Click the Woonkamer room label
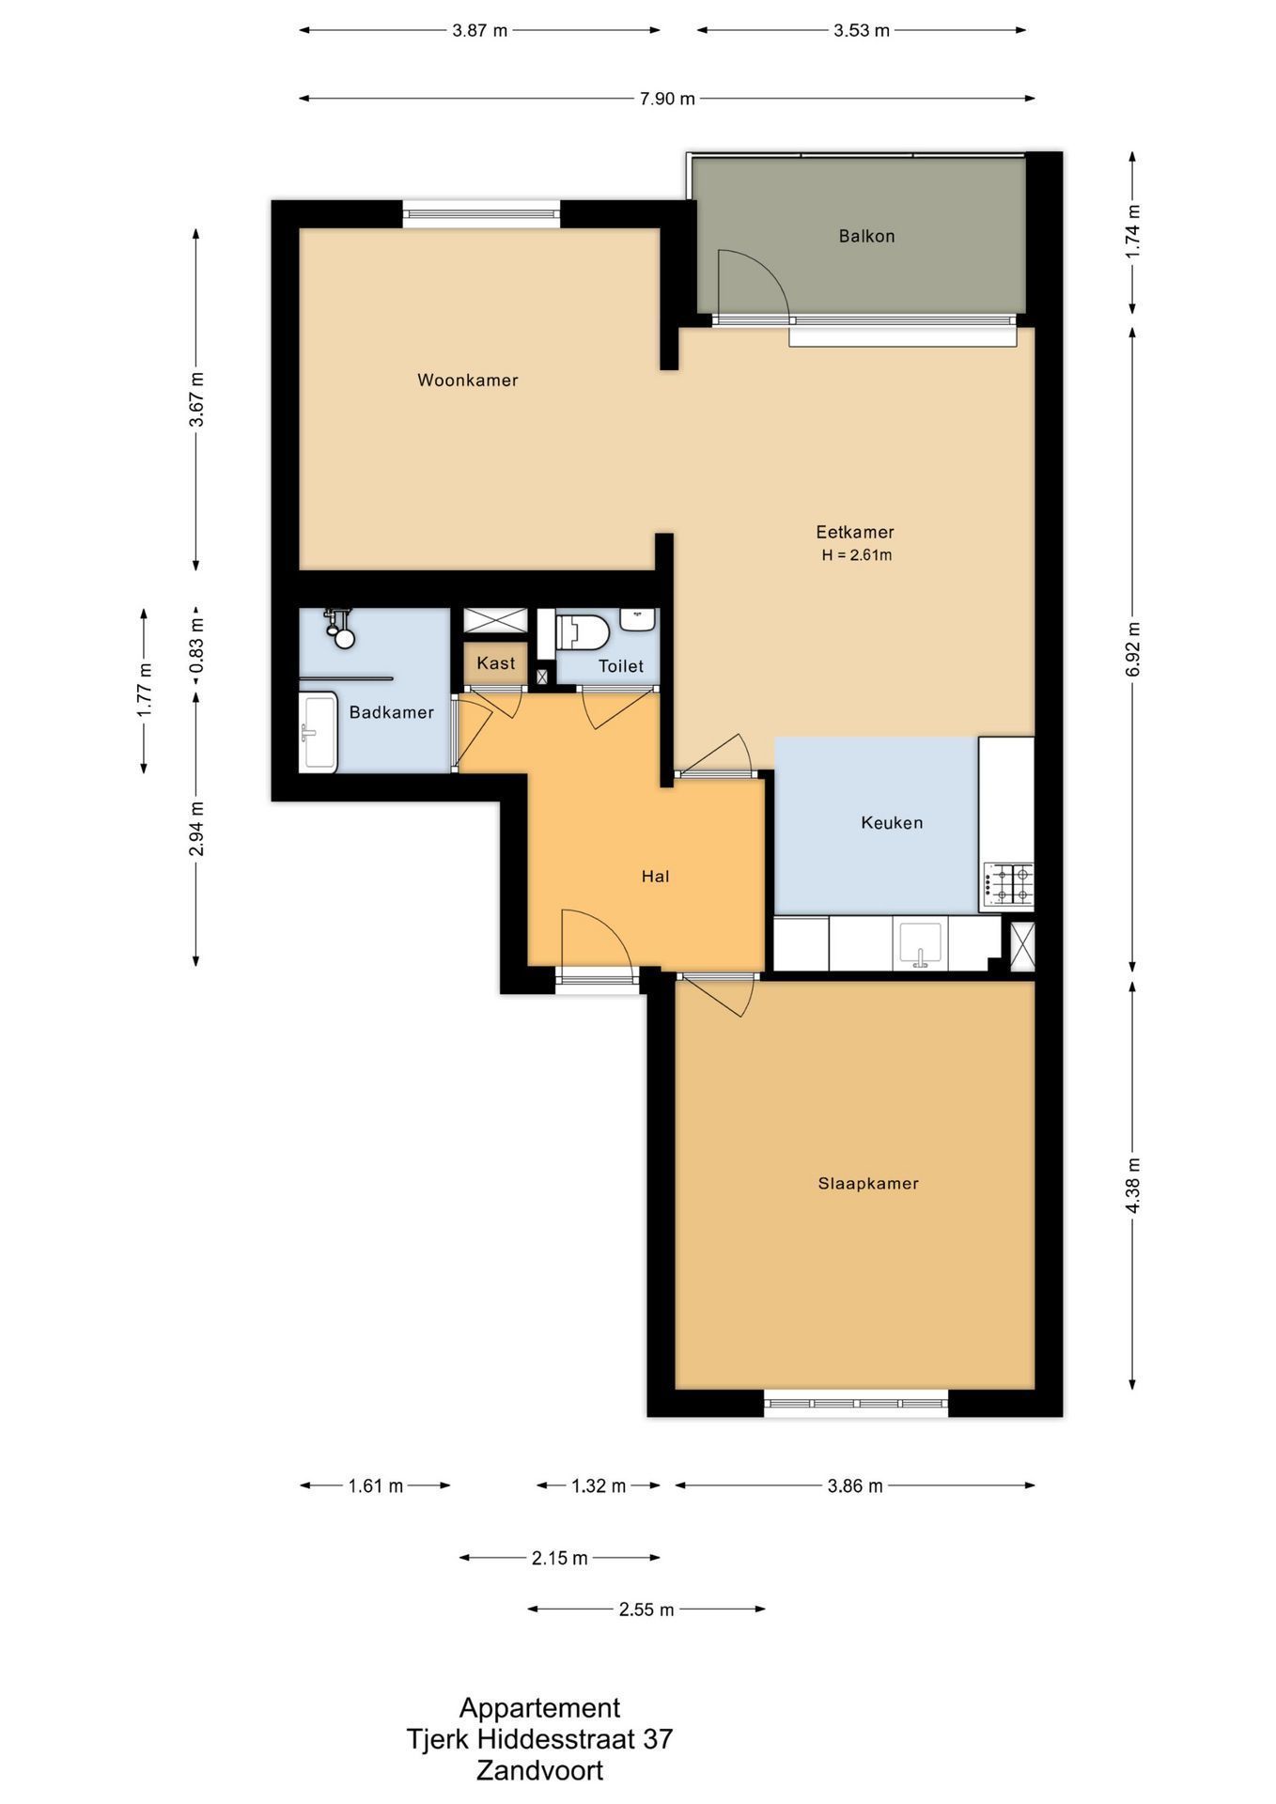click(468, 381)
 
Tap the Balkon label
click(866, 236)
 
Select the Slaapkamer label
click(868, 1184)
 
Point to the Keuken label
click(892, 823)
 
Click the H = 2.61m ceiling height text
click(857, 555)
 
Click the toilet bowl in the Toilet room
click(583, 632)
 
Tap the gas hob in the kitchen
click(1008, 884)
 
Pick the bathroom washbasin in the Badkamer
click(318, 733)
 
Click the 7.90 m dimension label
click(667, 99)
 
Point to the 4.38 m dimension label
click(1132, 1184)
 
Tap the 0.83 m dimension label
click(196, 645)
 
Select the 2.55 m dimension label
click(646, 1610)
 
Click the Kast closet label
click(496, 663)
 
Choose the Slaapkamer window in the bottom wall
click(855, 1404)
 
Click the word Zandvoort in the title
click(539, 1771)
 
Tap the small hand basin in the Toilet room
click(637, 619)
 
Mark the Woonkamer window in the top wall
click(481, 214)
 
